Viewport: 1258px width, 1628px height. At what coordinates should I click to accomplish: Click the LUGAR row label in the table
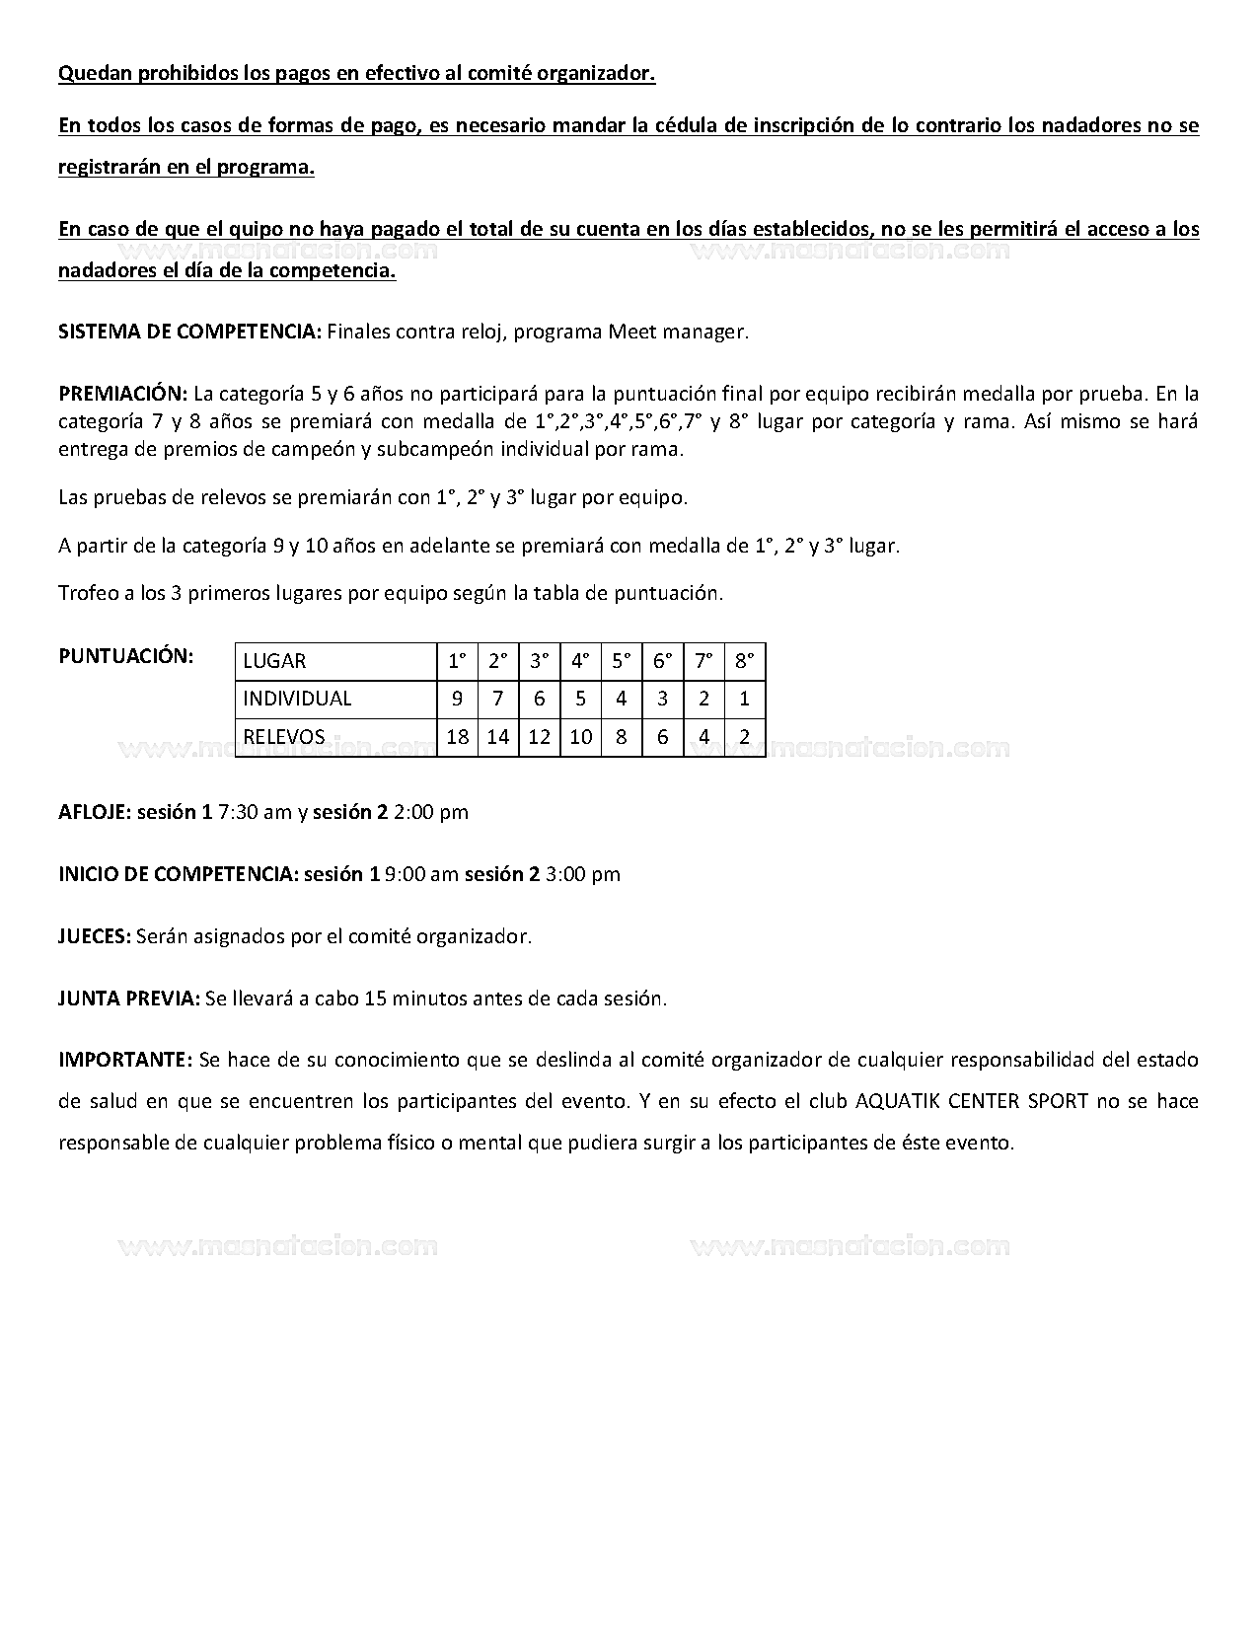point(274,661)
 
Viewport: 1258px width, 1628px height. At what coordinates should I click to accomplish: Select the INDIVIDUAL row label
point(297,699)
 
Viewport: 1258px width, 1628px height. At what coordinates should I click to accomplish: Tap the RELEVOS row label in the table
point(284,736)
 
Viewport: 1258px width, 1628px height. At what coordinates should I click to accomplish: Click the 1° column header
point(457,661)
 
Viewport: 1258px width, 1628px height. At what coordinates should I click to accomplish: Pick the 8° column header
point(744,661)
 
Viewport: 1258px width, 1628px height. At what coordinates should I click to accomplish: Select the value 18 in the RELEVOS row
point(457,736)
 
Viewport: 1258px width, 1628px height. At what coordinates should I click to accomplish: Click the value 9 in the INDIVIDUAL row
point(457,699)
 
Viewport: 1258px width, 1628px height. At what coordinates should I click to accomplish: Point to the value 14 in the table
point(498,736)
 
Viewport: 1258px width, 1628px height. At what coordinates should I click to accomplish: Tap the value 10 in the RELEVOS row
point(580,736)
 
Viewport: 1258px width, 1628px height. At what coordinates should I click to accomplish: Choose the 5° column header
point(621,661)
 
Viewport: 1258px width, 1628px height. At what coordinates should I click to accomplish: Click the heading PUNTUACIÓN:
point(126,656)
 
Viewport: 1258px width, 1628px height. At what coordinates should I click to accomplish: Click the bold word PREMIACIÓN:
point(123,394)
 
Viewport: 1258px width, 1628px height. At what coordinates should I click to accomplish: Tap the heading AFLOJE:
point(95,812)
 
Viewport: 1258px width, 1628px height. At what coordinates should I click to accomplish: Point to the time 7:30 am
point(255,812)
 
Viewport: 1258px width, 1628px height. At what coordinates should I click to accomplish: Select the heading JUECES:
point(95,936)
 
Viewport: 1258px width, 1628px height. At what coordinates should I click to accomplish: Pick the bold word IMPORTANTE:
point(125,1060)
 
